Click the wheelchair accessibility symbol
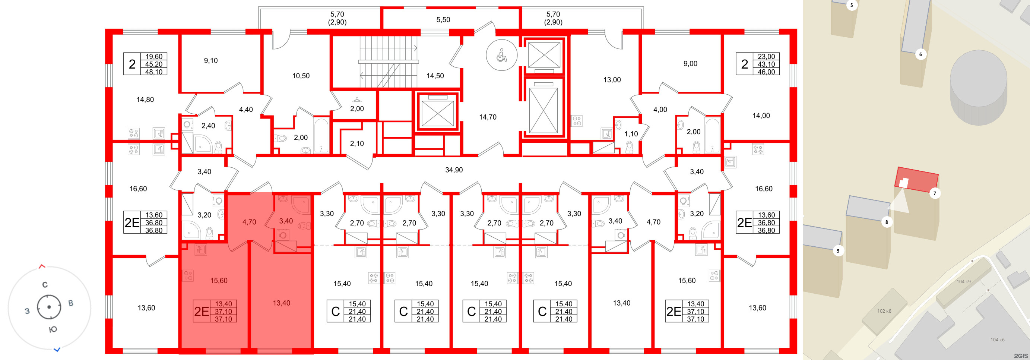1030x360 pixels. pos(501,56)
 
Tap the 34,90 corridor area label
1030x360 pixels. pos(454,170)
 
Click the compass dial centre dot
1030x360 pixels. pos(49,307)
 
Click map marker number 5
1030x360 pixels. pos(851,5)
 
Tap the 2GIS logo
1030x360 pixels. pos(1020,356)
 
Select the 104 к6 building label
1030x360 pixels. pos(997,340)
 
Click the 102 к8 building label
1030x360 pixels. pos(884,311)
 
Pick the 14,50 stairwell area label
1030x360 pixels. pos(435,76)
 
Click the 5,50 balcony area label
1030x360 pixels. pos(443,20)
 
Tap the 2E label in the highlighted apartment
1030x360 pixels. pos(201,312)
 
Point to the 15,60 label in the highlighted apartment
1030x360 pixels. pos(219,281)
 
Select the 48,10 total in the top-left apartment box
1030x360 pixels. pos(154,72)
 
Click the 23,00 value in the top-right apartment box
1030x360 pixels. pos(766,57)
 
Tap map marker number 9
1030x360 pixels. pos(838,251)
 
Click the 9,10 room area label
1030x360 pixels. pos(211,61)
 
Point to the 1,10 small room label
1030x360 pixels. pos(631,134)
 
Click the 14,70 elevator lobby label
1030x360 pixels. pos(488,117)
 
